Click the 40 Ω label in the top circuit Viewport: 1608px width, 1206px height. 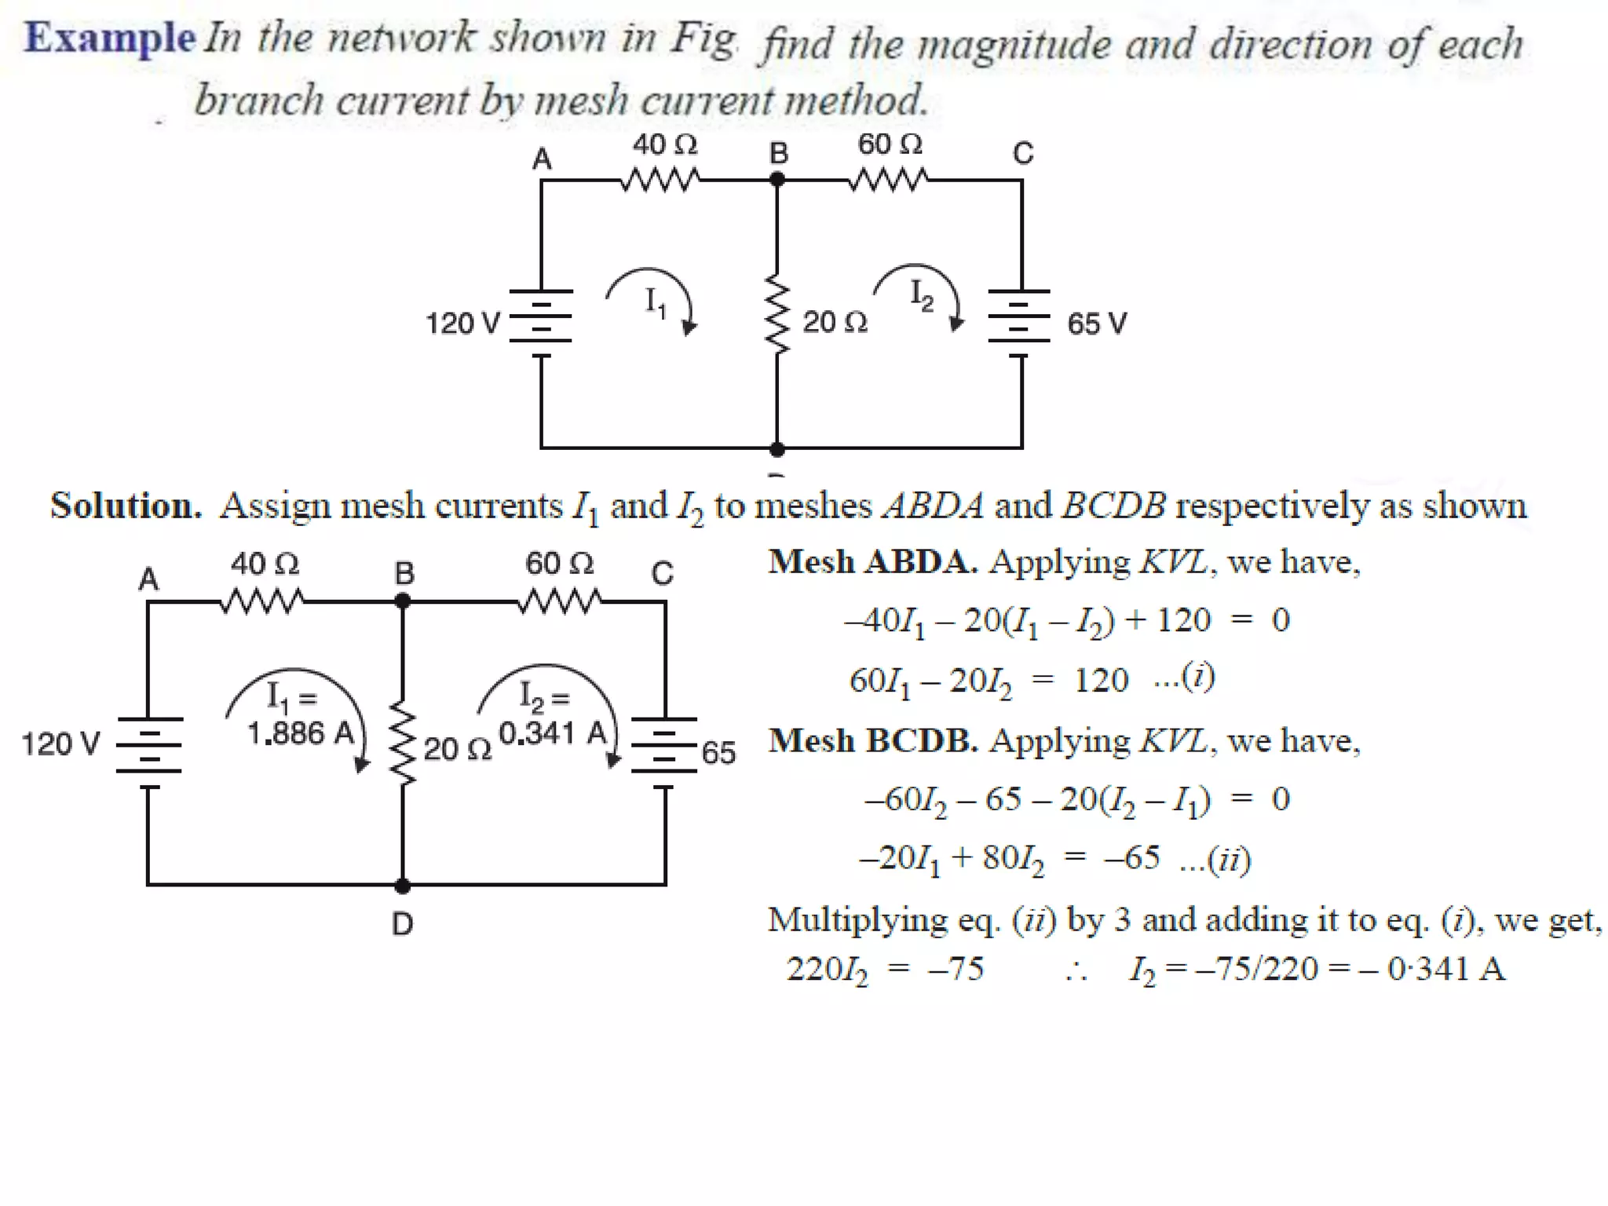click(x=664, y=144)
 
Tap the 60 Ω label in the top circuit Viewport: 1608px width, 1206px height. click(x=889, y=144)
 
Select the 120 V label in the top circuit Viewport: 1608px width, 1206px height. click(x=462, y=323)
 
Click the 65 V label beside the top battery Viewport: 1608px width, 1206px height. click(x=1096, y=323)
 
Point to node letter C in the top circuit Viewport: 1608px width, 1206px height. click(x=1022, y=152)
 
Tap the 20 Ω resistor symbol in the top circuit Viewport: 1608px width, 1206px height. click(x=777, y=314)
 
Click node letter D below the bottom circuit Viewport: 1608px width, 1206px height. click(x=402, y=923)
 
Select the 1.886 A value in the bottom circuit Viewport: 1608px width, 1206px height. click(x=301, y=733)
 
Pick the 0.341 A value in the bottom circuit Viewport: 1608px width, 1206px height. click(x=553, y=733)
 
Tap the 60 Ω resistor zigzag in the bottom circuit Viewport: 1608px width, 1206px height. click(x=559, y=602)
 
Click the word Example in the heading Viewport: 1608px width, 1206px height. click(x=109, y=37)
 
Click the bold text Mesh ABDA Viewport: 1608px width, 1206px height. click(x=872, y=561)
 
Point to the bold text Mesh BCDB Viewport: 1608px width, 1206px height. click(x=872, y=740)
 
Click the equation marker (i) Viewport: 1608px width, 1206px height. click(x=1198, y=677)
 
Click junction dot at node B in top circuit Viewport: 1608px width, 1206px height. click(x=777, y=180)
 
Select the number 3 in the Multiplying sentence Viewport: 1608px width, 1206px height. click(x=1122, y=919)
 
